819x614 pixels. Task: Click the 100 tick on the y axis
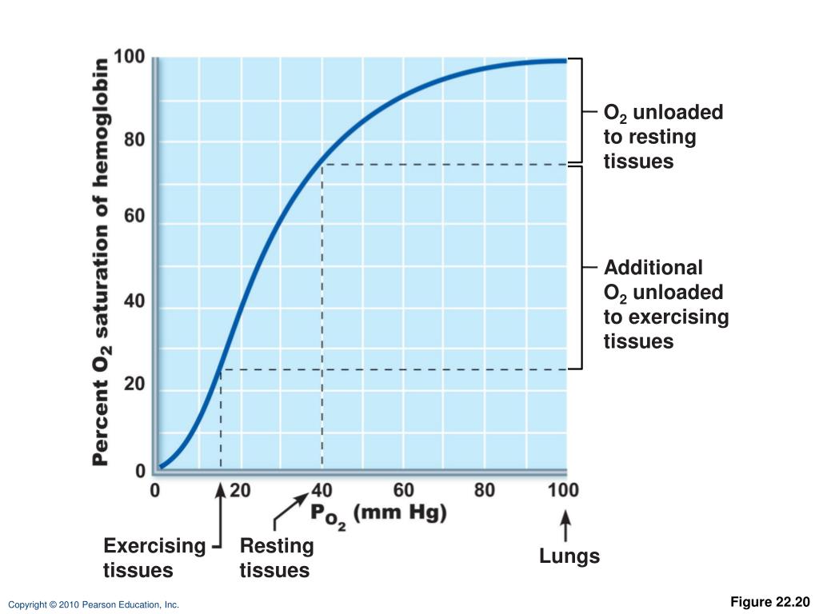tap(129, 58)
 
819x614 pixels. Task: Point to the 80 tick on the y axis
tap(134, 142)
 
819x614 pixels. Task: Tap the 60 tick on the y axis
tap(134, 217)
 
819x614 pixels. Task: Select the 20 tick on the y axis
tap(134, 385)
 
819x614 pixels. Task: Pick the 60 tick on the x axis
tap(404, 490)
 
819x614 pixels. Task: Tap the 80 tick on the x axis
tap(485, 490)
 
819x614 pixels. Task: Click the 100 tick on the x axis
tap(563, 490)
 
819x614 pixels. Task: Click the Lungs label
tap(569, 556)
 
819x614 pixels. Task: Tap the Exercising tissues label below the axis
tap(154, 558)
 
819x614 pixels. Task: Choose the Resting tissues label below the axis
tap(276, 558)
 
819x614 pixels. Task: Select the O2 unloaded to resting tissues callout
tap(662, 137)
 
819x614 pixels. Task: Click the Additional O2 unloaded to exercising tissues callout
tap(665, 304)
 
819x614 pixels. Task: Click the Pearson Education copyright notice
tap(94, 605)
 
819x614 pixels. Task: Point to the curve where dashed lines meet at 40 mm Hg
tap(322, 164)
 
